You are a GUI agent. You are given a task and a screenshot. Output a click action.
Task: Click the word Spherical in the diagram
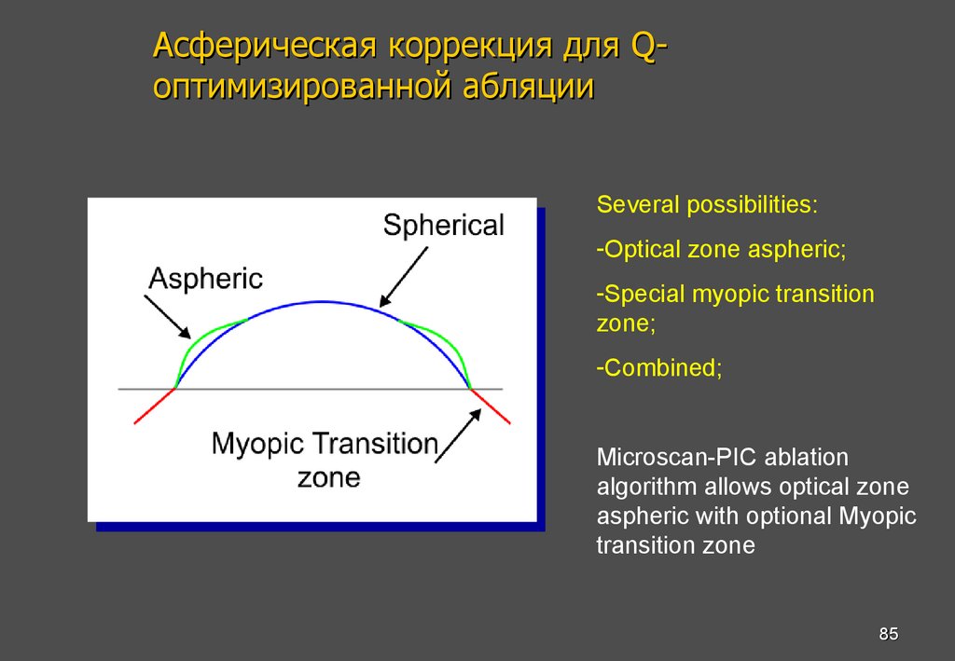[444, 226]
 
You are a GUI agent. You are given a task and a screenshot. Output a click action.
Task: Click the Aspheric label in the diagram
[206, 278]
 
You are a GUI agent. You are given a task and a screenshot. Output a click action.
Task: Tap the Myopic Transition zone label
[325, 460]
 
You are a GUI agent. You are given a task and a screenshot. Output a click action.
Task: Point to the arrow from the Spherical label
[403, 275]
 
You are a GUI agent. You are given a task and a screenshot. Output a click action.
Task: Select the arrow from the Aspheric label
[167, 316]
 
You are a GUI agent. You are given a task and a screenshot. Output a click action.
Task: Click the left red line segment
[154, 406]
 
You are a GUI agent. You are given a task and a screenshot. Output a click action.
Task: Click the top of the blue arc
[322, 302]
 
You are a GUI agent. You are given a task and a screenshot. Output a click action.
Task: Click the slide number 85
[888, 635]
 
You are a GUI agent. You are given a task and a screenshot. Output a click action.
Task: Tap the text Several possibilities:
[707, 205]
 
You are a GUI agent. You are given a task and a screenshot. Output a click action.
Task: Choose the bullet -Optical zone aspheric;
[721, 250]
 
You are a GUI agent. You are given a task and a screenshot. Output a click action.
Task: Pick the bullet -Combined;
[659, 367]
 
